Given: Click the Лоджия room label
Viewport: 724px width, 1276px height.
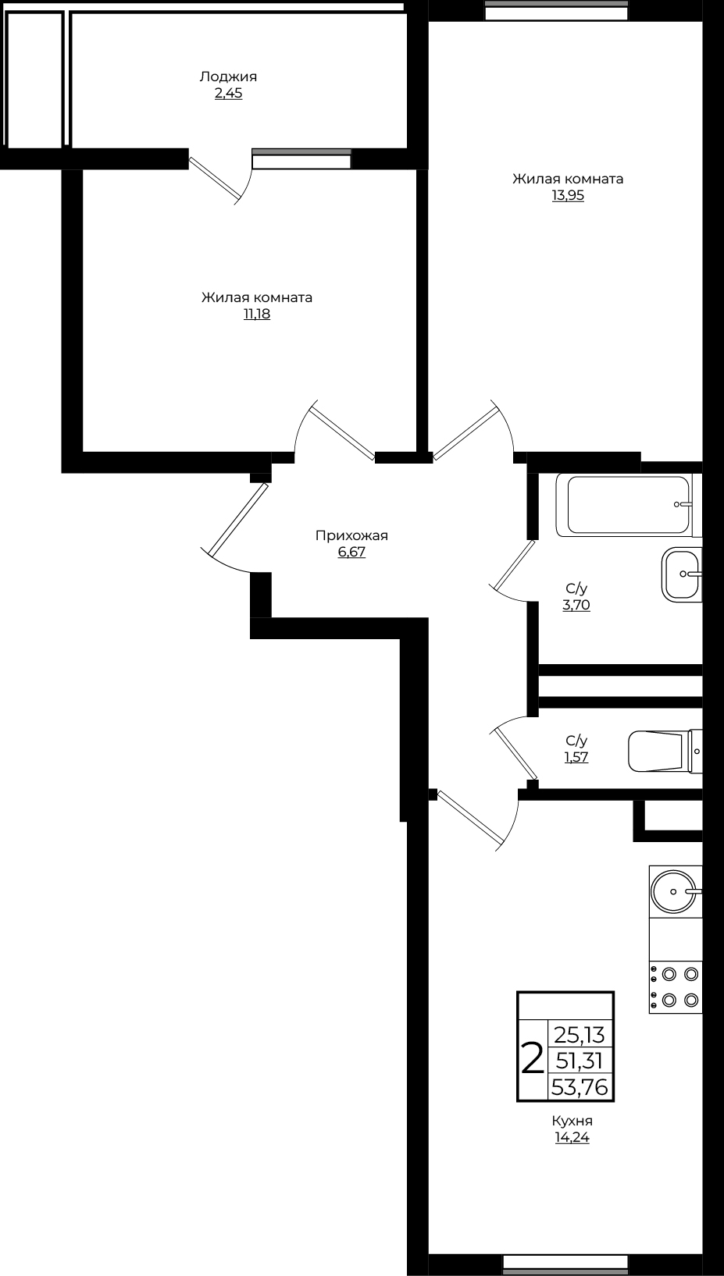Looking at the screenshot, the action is point(228,77).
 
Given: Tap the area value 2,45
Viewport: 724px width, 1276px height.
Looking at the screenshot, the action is point(229,94).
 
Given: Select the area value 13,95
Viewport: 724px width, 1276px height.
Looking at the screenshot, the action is point(568,196).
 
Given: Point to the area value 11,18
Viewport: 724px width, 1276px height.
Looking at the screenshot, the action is point(257,314).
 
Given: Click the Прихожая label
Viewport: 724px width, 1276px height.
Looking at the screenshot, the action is point(351,535).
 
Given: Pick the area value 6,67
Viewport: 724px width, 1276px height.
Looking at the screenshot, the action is point(351,552).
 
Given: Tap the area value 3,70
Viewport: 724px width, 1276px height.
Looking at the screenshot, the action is point(576,605).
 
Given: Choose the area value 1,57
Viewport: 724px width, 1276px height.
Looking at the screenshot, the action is point(576,757).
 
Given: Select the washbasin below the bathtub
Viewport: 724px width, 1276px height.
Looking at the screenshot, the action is point(682,574).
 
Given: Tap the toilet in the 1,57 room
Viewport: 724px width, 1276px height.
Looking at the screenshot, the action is point(665,752).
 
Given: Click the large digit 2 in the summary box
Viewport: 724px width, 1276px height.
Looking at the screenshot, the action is point(533,1059).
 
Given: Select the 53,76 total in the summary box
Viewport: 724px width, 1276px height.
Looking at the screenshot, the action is point(580,1088).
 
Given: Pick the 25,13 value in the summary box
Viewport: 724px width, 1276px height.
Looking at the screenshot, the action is point(580,1033).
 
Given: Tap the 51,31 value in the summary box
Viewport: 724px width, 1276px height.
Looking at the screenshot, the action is point(580,1061).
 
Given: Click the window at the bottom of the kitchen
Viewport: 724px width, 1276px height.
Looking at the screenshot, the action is point(565,1264).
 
